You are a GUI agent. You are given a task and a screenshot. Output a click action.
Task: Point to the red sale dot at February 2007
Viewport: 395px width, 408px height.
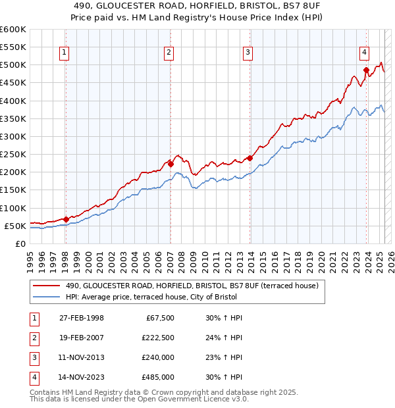(170, 163)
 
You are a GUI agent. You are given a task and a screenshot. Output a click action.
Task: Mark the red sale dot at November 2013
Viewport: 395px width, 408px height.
(250, 158)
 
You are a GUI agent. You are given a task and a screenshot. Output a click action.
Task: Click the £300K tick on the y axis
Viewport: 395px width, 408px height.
(13, 136)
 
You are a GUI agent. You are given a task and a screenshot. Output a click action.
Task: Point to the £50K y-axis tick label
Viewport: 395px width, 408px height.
(15, 226)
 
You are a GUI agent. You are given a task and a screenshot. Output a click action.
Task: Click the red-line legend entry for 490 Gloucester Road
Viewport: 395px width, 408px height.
(192, 286)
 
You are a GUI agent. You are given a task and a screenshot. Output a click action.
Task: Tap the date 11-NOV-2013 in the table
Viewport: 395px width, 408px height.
(82, 357)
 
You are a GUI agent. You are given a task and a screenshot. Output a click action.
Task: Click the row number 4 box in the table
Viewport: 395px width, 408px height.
(34, 377)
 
